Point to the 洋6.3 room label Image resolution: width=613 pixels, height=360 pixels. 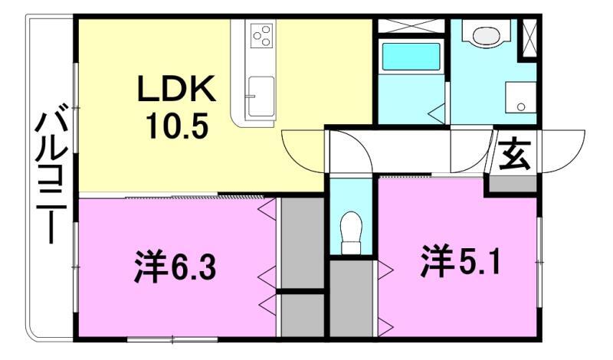click(x=177, y=268)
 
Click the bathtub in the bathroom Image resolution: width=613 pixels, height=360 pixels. click(x=410, y=57)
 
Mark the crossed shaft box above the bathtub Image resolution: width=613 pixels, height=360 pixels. click(x=410, y=25)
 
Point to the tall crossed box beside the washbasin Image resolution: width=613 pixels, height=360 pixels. click(x=528, y=38)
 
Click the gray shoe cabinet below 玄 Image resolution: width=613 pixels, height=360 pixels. click(x=513, y=184)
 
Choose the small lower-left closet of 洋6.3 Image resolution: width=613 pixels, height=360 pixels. click(x=300, y=315)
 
